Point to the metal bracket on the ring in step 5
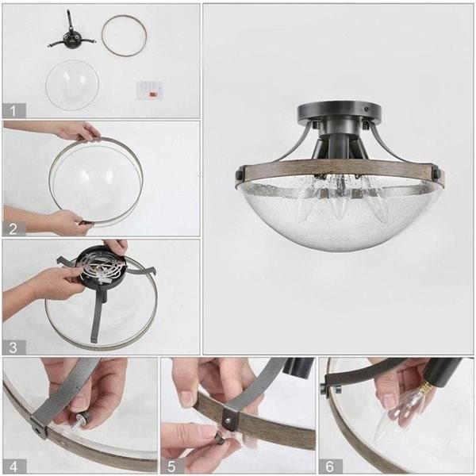(230, 416)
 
